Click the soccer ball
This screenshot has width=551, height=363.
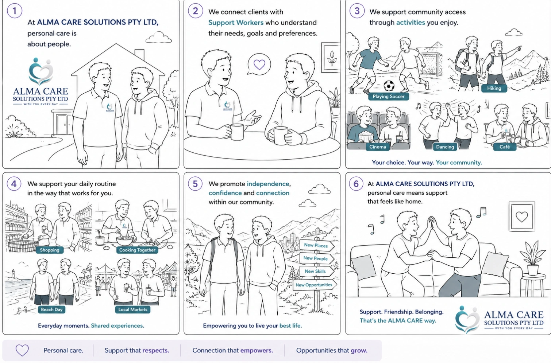[389, 86]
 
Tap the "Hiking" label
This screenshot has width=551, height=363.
[494, 88]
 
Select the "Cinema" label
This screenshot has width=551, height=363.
[378, 147]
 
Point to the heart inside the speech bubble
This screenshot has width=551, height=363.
[259, 65]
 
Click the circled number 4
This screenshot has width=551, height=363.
[14, 184]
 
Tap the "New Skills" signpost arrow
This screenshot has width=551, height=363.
[317, 271]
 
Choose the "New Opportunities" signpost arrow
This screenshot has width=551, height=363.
[315, 285]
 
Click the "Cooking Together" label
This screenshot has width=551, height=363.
[137, 250]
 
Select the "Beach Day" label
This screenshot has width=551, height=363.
[52, 309]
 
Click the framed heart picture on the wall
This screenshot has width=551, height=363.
[521, 216]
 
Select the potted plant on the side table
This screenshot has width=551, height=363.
[532, 258]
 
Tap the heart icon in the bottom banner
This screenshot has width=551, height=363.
[22, 350]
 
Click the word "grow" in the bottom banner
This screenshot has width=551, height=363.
[359, 351]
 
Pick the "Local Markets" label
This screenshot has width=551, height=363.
[132, 309]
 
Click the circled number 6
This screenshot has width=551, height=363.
[356, 184]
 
